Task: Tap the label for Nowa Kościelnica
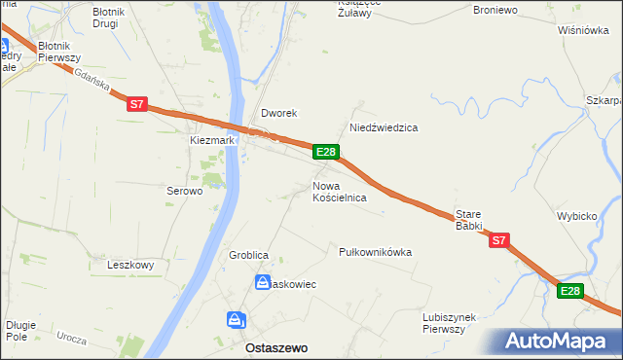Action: tap(339, 191)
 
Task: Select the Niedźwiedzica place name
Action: tap(384, 127)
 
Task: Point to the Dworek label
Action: tap(277, 113)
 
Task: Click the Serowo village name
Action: tap(183, 192)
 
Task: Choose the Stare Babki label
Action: tap(469, 219)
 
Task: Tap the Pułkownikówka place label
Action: tap(375, 252)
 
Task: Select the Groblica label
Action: tap(248, 255)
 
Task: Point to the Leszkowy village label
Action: tap(131, 265)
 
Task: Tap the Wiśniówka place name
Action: tap(583, 30)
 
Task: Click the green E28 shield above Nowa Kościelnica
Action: tap(326, 152)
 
